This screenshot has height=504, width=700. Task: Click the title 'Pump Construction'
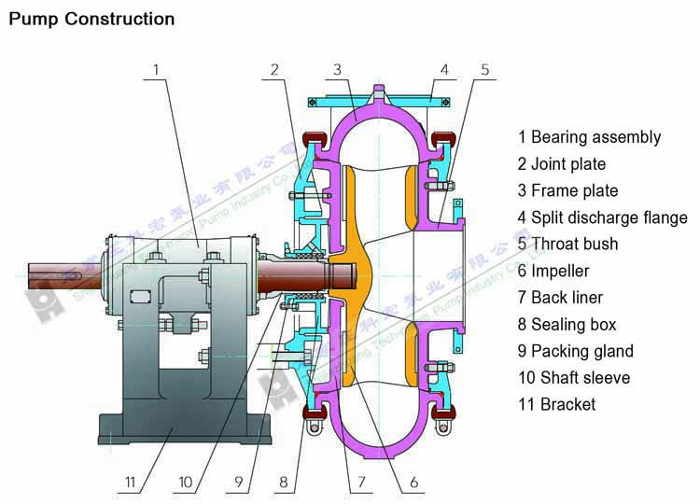[91, 19]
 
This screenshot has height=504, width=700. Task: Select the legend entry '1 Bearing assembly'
[589, 137]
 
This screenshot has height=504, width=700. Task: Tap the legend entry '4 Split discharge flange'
[602, 217]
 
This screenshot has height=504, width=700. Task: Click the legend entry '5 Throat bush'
[567, 245]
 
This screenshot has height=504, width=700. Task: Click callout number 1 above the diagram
[157, 69]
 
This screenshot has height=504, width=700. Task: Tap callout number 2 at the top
[275, 69]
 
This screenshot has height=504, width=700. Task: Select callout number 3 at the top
[337, 69]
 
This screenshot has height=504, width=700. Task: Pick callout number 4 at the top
[444, 69]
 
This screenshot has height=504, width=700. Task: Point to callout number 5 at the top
[485, 69]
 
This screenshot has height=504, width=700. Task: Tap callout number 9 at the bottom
[239, 483]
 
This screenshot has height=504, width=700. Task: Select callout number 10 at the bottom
[185, 483]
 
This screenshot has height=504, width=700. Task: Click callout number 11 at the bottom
[131, 483]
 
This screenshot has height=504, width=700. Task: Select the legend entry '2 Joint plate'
[561, 164]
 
